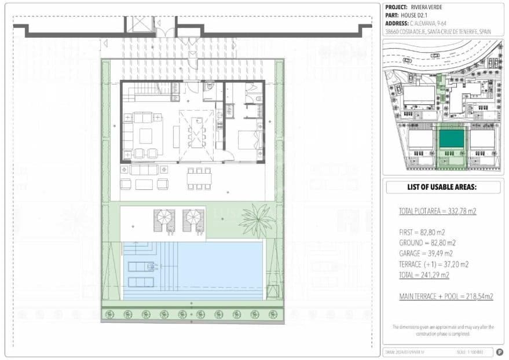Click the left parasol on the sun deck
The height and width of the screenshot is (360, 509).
pos(163,218)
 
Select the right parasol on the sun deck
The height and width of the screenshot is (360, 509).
pos(193,218)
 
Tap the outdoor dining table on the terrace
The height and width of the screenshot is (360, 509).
pos(199,178)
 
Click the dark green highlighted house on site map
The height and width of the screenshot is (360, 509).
pos(451,139)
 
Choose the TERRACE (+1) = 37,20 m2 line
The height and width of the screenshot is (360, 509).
pos(434,264)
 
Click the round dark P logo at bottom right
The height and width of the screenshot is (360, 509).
pos(499,352)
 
